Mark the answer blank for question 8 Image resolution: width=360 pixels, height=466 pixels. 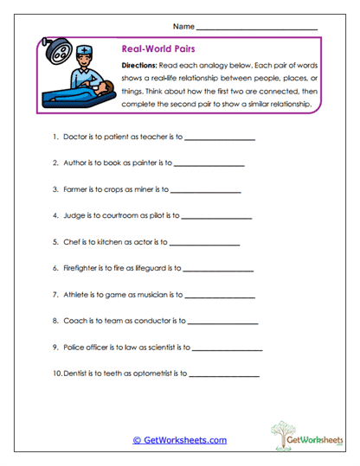coord(222,322)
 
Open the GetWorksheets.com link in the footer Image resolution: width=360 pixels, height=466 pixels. coord(179,440)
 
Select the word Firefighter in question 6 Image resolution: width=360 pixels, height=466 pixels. coord(81,269)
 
